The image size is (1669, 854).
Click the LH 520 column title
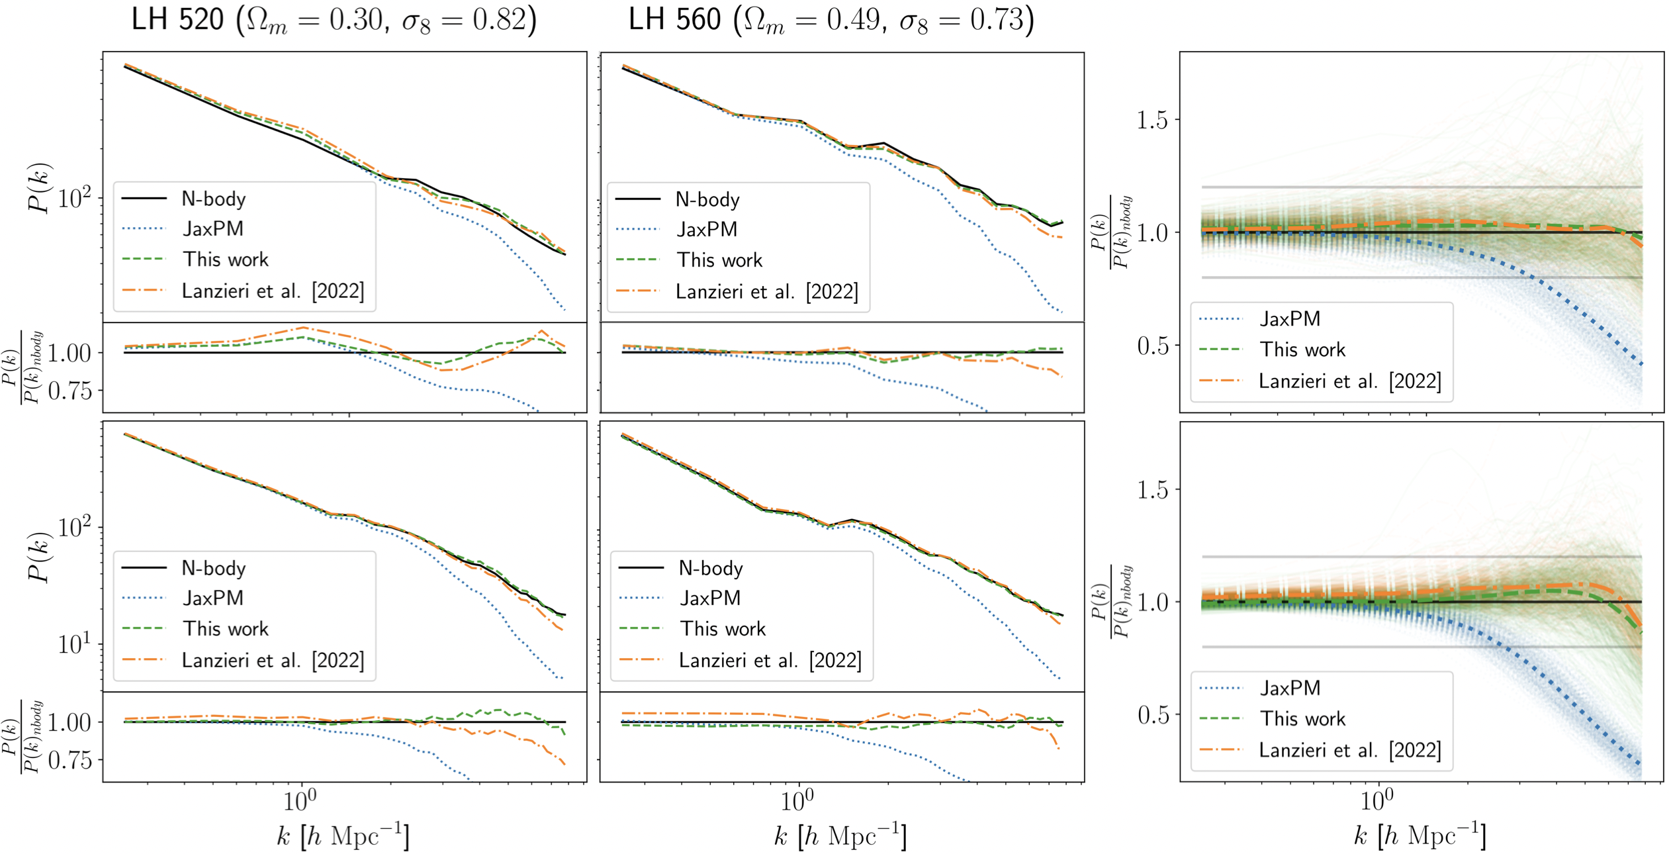pos(334,20)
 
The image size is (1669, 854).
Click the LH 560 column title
pos(831,20)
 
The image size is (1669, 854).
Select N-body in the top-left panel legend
pos(213,199)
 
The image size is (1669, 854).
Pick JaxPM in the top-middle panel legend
pos(707,229)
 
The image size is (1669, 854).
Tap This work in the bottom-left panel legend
pos(226,628)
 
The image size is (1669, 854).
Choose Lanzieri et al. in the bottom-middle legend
pos(770,660)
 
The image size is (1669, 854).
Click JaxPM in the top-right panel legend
pos(1290,318)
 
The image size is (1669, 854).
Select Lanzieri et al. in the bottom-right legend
pos(1349,750)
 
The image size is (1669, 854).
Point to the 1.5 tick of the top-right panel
pos(1152,120)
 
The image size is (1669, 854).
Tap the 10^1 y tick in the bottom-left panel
pos(74,643)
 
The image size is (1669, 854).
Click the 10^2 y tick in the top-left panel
pos(74,198)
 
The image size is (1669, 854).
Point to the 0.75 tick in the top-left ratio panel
pos(69,391)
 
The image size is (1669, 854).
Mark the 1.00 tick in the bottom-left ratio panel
pos(69,722)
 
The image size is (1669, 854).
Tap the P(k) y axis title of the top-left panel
pos(40,188)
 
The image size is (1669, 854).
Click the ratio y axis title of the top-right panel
pos(1112,232)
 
